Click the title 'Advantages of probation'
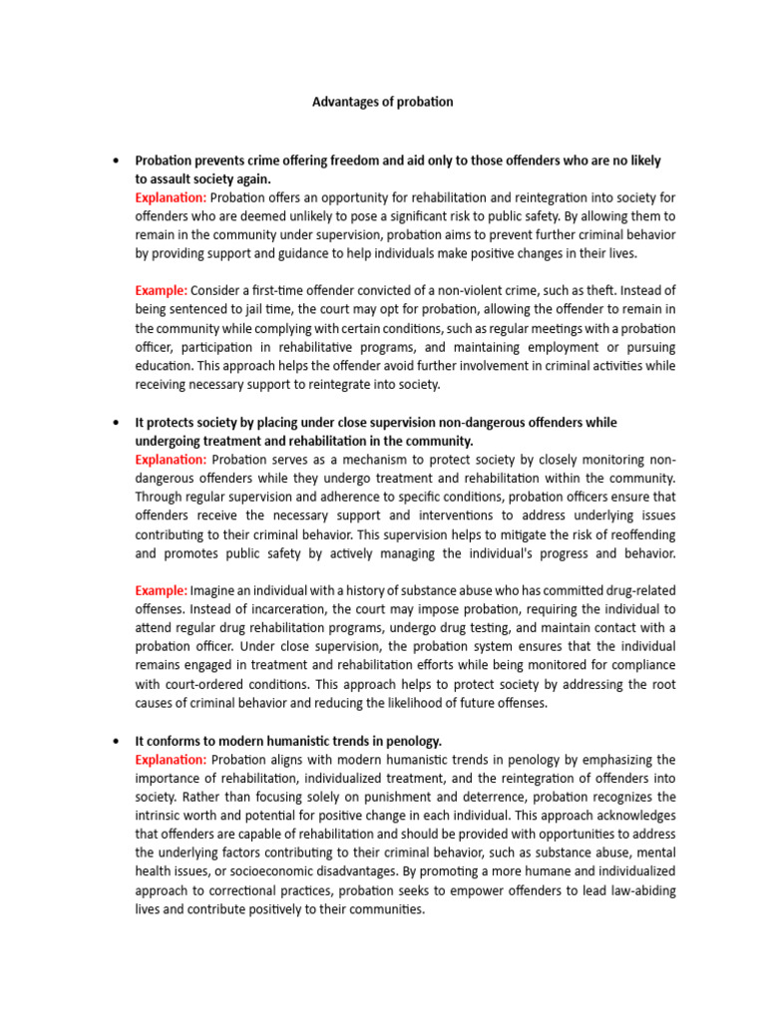click(x=383, y=102)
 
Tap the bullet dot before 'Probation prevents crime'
click(x=117, y=162)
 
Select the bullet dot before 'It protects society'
click(x=117, y=423)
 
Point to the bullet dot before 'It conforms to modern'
click(x=117, y=740)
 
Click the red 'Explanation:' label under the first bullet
click(x=171, y=197)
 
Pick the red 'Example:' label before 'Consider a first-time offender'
click(x=162, y=290)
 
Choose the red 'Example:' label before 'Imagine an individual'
click(x=162, y=590)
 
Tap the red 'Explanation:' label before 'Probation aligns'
click(x=171, y=759)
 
